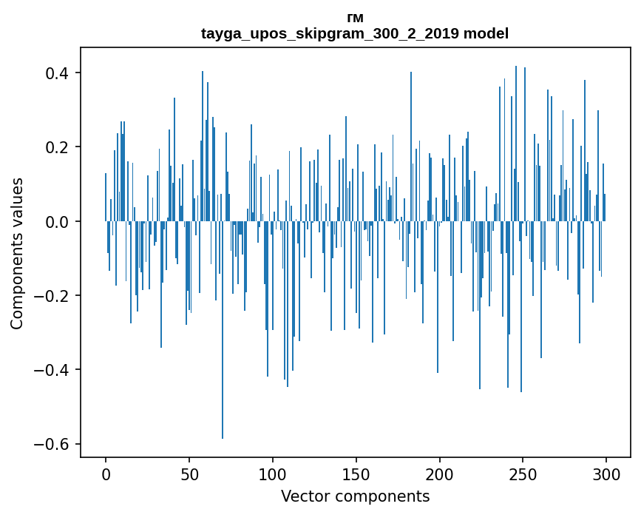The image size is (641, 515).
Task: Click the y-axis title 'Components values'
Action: click(x=17, y=253)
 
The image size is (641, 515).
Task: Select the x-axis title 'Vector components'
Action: click(x=355, y=496)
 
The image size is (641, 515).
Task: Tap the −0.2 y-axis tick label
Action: click(x=53, y=296)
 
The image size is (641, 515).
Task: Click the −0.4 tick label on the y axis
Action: click(x=53, y=370)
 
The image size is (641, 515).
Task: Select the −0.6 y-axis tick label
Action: click(x=53, y=444)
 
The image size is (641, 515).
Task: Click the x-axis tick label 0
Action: click(x=106, y=474)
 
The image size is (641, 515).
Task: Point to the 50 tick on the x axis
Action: click(x=189, y=474)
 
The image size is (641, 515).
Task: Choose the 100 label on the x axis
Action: click(x=273, y=474)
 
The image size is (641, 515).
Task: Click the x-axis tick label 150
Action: click(x=356, y=474)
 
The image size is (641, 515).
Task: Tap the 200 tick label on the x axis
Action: click(x=440, y=474)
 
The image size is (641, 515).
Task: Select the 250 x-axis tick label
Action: click(x=523, y=474)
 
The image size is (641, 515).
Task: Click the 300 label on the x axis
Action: click(x=607, y=474)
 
